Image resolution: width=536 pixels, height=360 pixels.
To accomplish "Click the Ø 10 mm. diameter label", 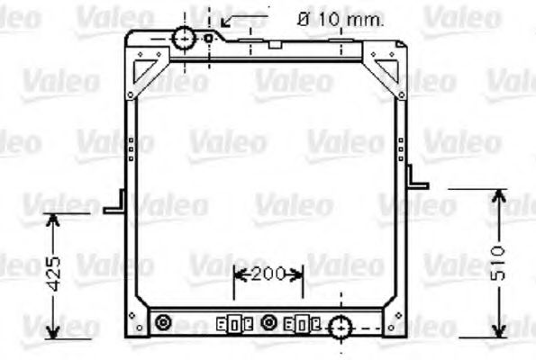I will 340,18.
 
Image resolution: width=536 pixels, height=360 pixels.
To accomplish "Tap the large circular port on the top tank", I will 184,38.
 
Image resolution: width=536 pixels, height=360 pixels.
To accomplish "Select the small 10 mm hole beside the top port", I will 209,38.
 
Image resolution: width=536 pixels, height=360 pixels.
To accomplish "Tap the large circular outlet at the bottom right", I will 341,328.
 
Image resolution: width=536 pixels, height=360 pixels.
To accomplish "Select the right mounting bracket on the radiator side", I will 416,177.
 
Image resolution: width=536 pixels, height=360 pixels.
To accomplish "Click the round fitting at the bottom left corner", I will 163,321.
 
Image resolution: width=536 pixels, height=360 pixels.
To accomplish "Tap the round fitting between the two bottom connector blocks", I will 268,321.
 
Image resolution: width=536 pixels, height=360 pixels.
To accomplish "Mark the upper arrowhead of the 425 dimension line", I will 55,220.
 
